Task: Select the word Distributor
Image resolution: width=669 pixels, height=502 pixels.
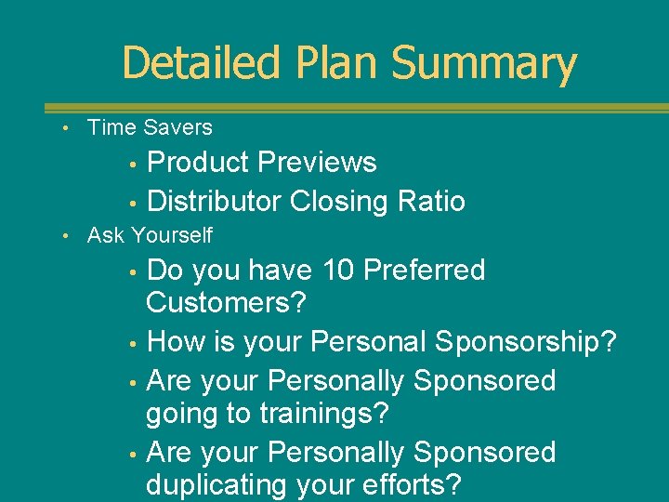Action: pyautogui.click(x=215, y=201)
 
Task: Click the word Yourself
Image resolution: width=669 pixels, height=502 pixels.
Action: pyautogui.click(x=172, y=236)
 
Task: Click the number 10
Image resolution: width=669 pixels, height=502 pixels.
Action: pyautogui.click(x=337, y=271)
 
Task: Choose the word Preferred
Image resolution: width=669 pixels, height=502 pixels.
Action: pyautogui.click(x=425, y=271)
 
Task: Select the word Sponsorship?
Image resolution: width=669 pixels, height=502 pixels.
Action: pyautogui.click(x=528, y=342)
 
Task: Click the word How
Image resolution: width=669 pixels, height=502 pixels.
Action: pyautogui.click(x=177, y=342)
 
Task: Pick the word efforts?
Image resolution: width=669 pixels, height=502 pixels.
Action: pyautogui.click(x=416, y=485)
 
